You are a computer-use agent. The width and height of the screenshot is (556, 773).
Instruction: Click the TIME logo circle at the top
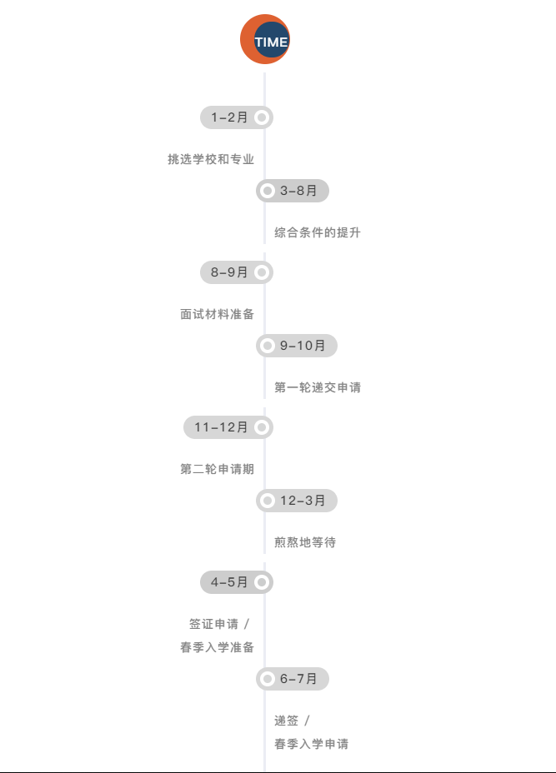click(x=265, y=39)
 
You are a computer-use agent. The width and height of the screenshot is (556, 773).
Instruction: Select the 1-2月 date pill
click(x=236, y=117)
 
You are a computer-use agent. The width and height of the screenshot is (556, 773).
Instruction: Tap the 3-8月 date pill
click(x=293, y=191)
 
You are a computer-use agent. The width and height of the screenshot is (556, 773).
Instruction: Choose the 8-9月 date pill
click(x=236, y=272)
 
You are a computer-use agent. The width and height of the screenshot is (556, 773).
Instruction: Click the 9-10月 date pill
click(x=297, y=345)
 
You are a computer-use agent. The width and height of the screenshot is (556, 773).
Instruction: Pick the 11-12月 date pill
click(x=228, y=427)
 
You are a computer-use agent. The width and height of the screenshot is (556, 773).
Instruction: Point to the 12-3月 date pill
click(x=297, y=501)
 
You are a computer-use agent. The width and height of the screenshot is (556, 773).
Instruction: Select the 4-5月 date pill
click(x=236, y=582)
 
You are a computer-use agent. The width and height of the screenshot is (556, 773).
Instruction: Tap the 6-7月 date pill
click(x=293, y=679)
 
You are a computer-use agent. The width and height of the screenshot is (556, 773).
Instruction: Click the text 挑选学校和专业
click(x=211, y=159)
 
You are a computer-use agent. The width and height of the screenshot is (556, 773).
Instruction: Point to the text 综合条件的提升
click(x=318, y=232)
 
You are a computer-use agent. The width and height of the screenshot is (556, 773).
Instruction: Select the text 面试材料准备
click(x=217, y=314)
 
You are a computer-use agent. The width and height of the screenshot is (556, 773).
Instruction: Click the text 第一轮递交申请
click(x=318, y=387)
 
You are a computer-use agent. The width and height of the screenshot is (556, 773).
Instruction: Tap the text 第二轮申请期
click(x=217, y=469)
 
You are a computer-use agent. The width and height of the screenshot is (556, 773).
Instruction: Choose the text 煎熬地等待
click(x=305, y=542)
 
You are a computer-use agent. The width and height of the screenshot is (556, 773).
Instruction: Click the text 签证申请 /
click(x=219, y=624)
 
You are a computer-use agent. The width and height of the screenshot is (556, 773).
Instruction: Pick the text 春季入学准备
click(x=217, y=647)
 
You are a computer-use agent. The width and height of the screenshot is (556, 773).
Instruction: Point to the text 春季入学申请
click(x=311, y=744)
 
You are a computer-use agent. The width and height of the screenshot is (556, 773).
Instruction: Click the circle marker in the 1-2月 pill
click(x=262, y=117)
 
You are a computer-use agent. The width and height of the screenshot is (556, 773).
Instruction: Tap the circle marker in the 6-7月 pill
click(x=268, y=679)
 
